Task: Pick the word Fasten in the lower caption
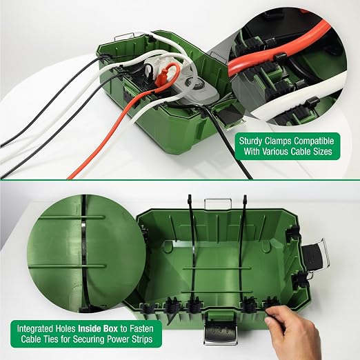[x=141, y=328]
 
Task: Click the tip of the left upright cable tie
[x=190, y=196]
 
